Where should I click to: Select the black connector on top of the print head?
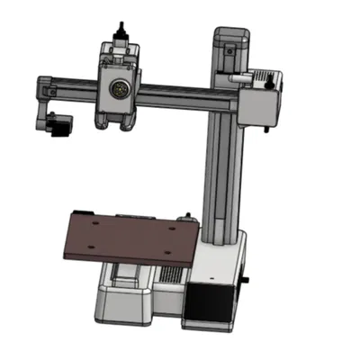117,37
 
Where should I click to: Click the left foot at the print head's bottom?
102,121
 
